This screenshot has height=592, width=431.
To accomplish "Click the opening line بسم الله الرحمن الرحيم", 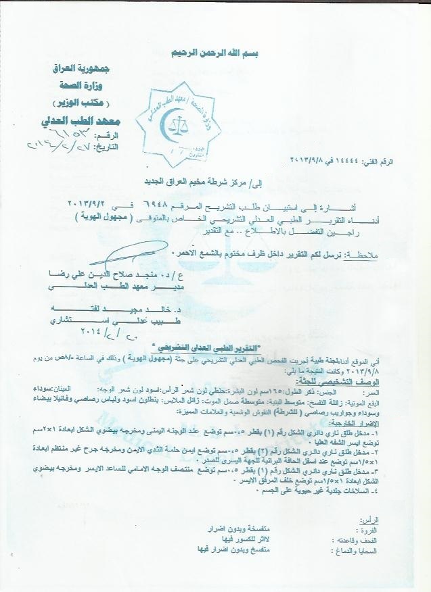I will tap(215, 53).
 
